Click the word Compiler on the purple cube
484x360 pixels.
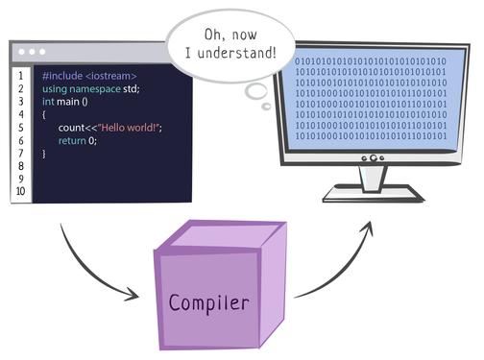pos(209,303)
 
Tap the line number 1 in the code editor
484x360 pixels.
pos(20,75)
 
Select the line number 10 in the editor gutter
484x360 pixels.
pos(20,191)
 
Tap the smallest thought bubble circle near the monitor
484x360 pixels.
pos(266,106)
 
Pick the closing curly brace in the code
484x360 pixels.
pos(44,153)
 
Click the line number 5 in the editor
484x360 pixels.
pos(20,127)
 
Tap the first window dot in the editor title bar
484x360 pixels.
pos(20,51)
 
